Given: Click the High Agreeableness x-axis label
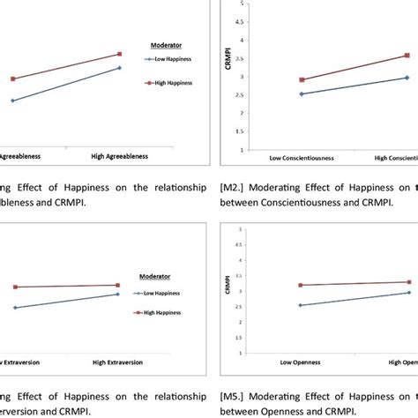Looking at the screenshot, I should coord(119,156).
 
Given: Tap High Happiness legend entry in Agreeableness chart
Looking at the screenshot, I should coord(171,83).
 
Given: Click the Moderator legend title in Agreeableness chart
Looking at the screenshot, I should coord(160,41).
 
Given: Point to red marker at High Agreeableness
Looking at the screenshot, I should coord(120,54).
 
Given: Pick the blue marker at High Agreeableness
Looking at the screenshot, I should coord(120,68).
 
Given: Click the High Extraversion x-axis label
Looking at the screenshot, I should coord(119,362).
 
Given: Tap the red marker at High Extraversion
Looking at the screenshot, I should coord(119,285).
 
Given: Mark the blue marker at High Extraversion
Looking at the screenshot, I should coord(119,295).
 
